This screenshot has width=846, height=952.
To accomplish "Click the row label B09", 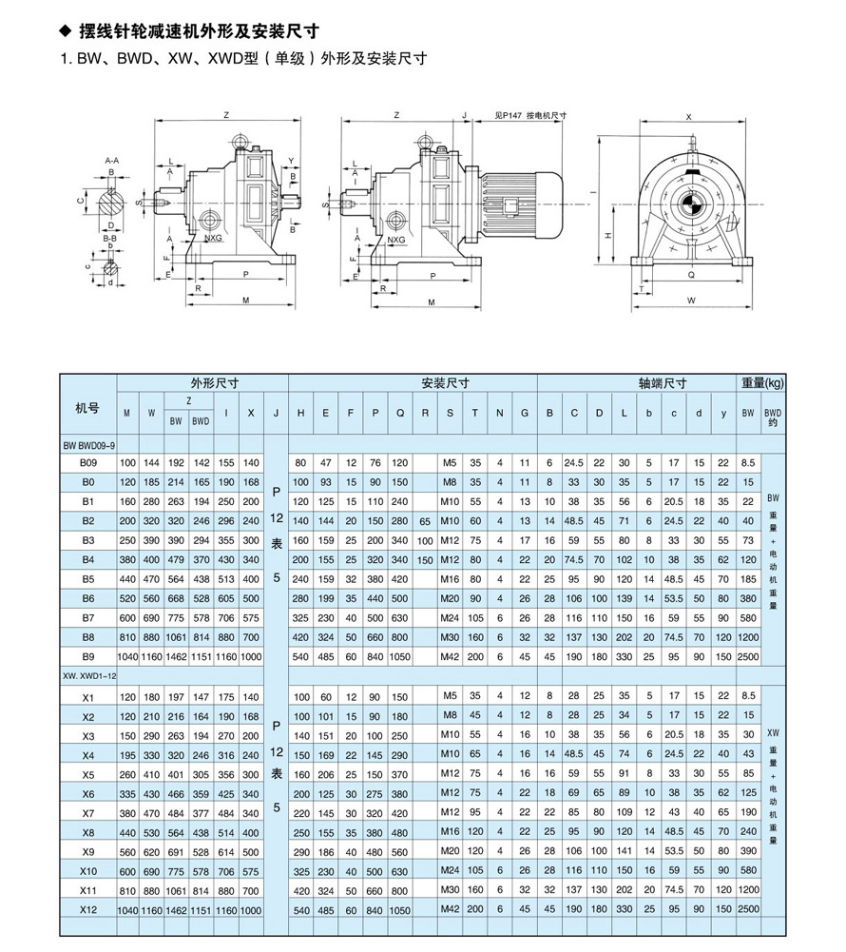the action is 88,462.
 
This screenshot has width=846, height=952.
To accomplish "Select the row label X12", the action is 88,909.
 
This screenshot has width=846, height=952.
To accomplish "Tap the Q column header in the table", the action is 400,413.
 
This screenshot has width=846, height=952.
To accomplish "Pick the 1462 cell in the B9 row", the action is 176,657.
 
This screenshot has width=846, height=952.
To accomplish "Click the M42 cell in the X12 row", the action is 450,909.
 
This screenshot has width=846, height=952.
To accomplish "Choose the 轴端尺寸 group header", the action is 663,383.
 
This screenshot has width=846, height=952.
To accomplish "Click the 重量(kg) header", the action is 762,383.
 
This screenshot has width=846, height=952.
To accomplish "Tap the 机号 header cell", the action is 87,408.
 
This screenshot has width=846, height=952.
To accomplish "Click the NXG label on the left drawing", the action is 213,238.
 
